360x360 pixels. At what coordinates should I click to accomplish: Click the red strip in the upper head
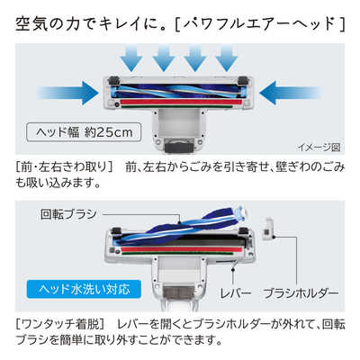click(179, 103)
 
